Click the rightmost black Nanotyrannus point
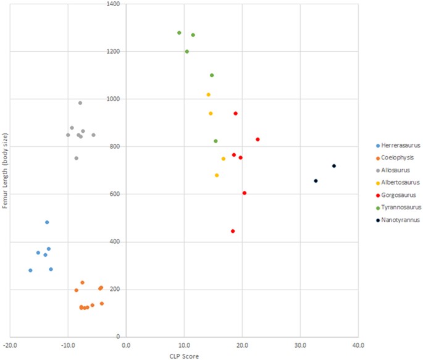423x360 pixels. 334,165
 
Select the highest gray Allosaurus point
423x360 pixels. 80,103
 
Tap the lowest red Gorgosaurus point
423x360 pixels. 233,231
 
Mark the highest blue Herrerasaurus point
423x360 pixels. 47,222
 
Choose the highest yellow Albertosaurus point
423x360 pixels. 209,94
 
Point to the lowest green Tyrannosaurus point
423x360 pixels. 216,141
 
